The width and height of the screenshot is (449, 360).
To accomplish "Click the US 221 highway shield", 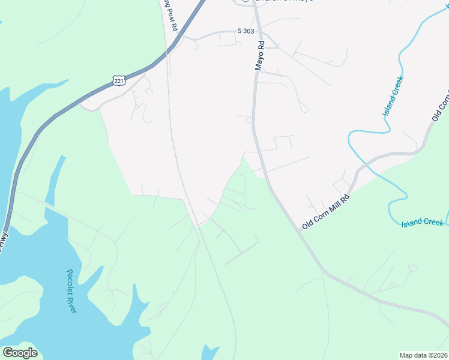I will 118,80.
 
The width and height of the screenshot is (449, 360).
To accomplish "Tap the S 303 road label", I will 246,31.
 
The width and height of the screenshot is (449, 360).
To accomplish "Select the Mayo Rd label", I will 260,56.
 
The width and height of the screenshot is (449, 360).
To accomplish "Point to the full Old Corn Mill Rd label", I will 326,212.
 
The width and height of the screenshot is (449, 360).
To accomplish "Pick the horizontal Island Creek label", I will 423,223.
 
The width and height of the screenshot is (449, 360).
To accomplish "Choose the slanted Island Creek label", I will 393,96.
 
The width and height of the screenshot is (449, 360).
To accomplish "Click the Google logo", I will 20,353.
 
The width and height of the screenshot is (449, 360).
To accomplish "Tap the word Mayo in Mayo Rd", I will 260,61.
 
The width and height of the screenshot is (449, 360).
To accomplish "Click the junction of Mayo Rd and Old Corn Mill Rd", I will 298,229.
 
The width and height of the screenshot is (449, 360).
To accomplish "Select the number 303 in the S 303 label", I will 249,31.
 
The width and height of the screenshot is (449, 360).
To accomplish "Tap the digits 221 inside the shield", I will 118,81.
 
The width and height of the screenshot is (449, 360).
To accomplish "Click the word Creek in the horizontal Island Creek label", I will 432,223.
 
